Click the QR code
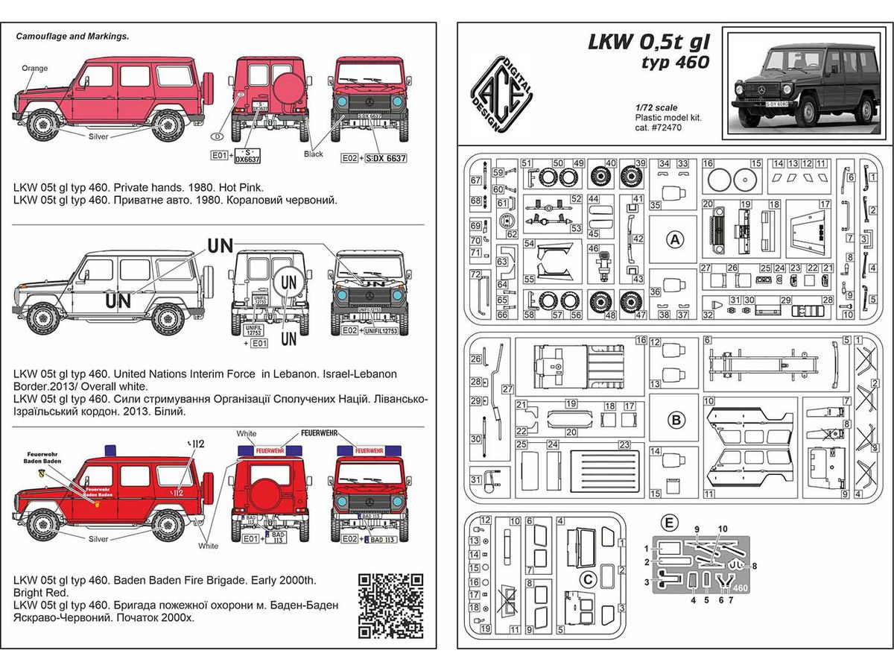pyautogui.click(x=391, y=605)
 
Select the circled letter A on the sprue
pyautogui.click(x=675, y=240)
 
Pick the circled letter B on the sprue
pyautogui.click(x=675, y=420)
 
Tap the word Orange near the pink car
pyautogui.click(x=34, y=69)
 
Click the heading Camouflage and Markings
pyautogui.click(x=73, y=36)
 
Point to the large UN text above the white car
pyautogui.click(x=221, y=244)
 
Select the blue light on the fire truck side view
pyautogui.click(x=112, y=450)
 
